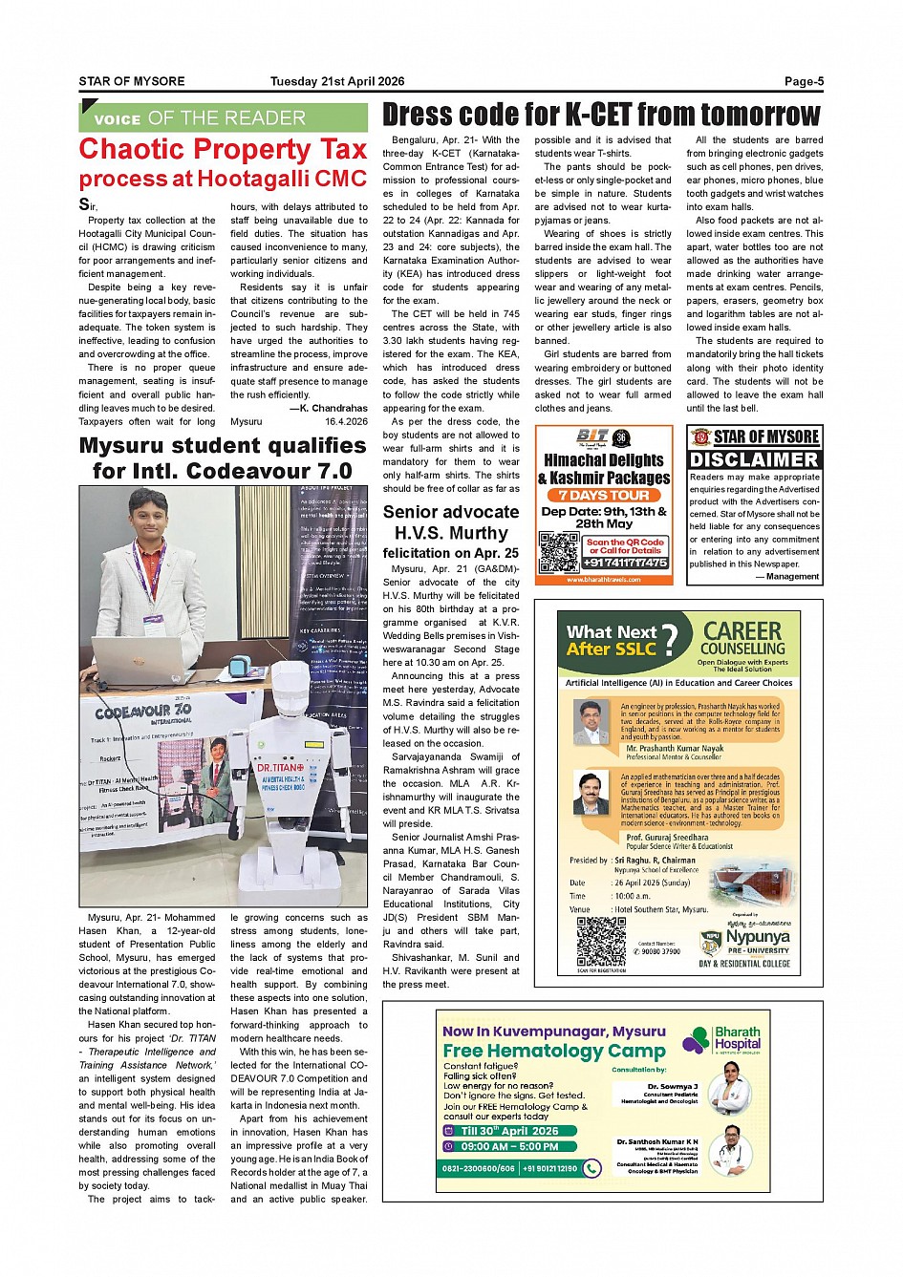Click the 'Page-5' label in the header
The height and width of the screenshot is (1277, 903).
pos(804,81)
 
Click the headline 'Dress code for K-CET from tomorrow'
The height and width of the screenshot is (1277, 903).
pos(601,115)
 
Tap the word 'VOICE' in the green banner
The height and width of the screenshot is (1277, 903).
pos(118,119)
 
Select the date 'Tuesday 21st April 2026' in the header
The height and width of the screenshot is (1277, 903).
pos(336,81)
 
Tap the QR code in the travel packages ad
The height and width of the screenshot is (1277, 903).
pos(559,551)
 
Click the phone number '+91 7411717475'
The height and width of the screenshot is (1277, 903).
pos(626,563)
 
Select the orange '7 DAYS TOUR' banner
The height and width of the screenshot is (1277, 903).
pos(604,495)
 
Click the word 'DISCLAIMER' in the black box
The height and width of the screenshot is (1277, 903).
pos(754,459)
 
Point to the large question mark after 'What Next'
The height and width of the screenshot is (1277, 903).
pos(670,638)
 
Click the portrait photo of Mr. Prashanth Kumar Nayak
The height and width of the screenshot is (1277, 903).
pos(591,721)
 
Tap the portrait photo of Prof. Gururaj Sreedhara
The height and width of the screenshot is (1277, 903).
pos(591,793)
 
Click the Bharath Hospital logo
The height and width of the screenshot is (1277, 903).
pos(723,1039)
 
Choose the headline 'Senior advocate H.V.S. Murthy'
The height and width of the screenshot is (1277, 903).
pos(451,522)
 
